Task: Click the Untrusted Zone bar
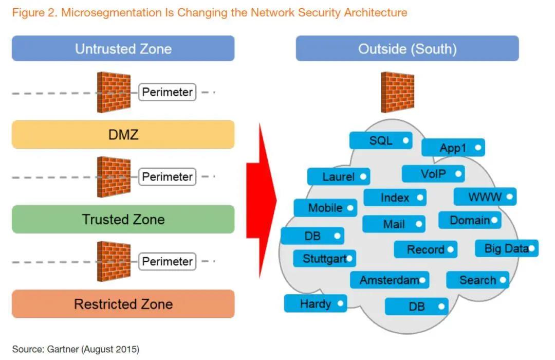123,49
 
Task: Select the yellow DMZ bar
123,135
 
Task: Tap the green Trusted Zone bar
123,220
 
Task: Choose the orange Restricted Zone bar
123,304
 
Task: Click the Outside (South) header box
407,49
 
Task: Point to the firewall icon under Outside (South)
397,93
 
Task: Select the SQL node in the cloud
381,140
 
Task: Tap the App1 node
453,148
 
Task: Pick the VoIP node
433,174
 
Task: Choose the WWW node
485,197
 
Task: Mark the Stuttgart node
324,258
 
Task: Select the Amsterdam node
390,280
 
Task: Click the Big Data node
507,248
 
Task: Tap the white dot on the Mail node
419,224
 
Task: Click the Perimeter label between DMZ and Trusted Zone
168,177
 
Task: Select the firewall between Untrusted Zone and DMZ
114,93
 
